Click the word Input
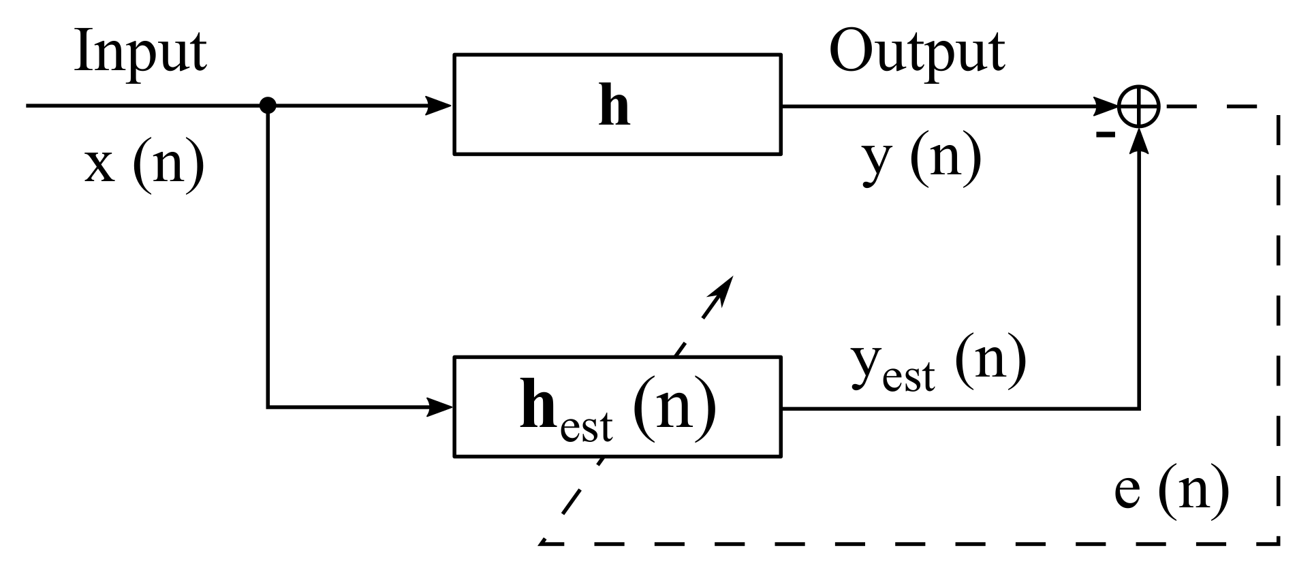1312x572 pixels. click(x=140, y=52)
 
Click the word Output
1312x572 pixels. click(x=916, y=52)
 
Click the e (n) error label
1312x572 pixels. click(x=1172, y=490)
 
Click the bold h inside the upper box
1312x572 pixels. click(x=614, y=107)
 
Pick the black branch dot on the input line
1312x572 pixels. click(x=268, y=106)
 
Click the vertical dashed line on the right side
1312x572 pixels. click(x=1278, y=327)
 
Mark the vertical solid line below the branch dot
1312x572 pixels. click(x=268, y=259)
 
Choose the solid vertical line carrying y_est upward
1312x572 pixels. click(x=1138, y=286)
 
